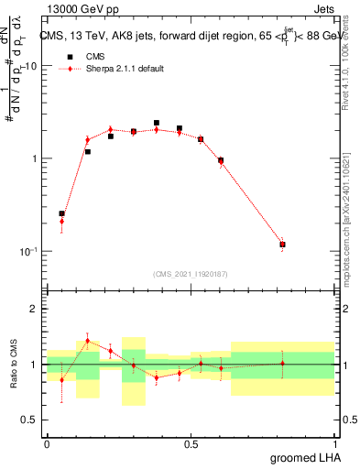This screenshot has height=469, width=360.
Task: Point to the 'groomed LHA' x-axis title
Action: (308, 457)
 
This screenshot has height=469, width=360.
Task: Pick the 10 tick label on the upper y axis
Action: (30, 66)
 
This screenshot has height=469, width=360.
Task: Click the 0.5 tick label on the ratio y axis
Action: (30, 420)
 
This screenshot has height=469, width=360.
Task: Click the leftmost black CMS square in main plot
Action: (61, 213)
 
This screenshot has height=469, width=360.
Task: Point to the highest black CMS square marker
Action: (157, 123)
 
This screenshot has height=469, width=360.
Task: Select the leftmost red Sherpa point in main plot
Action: (61, 221)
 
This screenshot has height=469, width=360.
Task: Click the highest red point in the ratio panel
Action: (88, 341)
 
